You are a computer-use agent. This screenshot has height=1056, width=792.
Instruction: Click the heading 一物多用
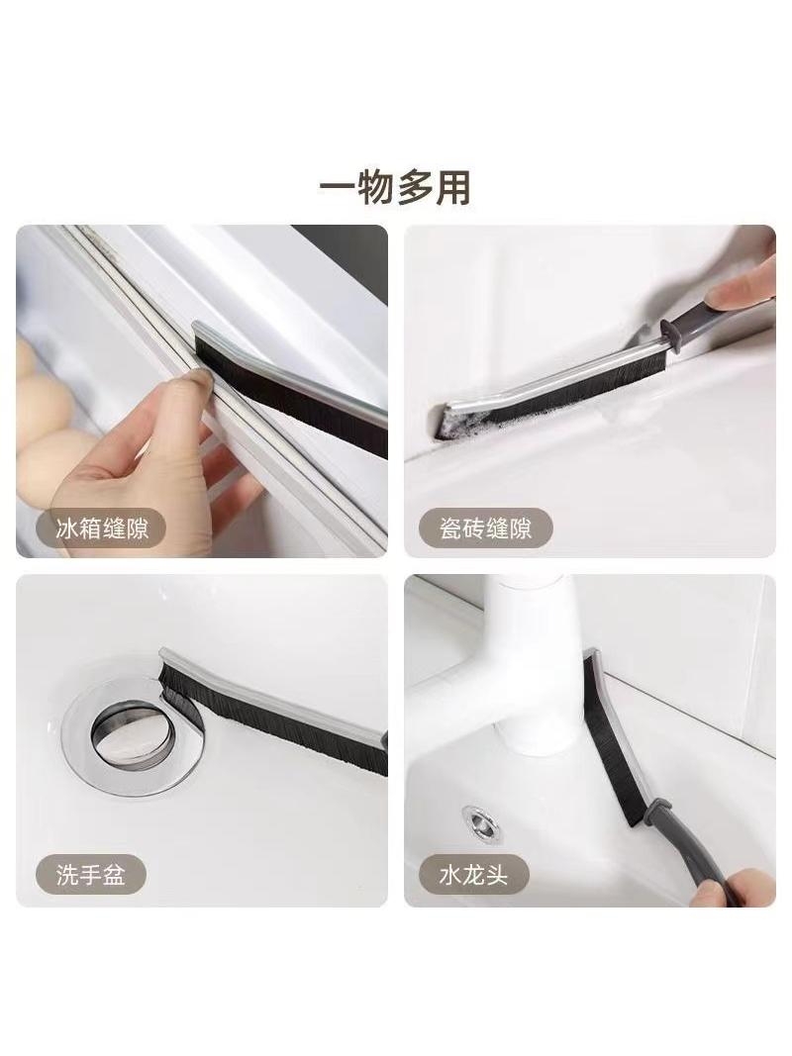[x=395, y=187]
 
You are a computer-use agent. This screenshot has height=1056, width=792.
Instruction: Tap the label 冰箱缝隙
[x=102, y=528]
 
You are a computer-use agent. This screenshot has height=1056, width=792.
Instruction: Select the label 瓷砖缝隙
[x=485, y=528]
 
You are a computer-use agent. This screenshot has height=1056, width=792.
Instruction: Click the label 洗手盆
[x=90, y=876]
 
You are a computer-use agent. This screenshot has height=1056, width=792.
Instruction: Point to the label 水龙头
[x=473, y=876]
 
